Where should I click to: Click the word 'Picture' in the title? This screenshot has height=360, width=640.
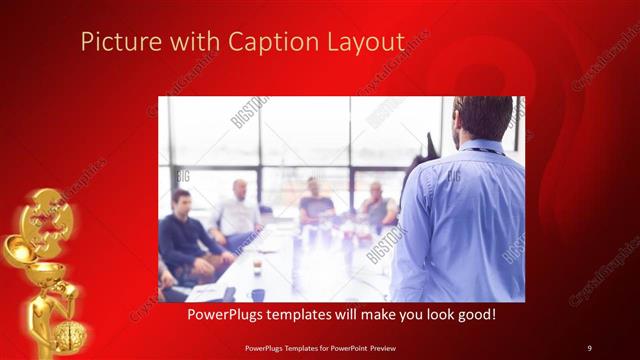113,43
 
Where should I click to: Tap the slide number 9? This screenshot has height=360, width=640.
589,347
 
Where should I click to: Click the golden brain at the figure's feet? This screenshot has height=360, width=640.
71,335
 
